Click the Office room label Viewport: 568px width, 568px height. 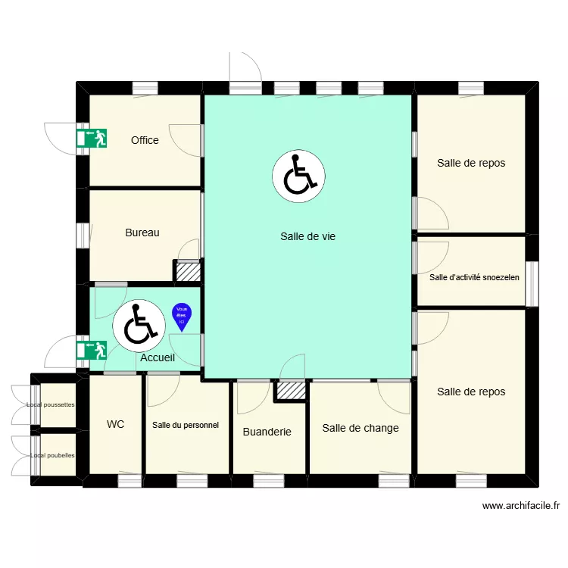point(145,140)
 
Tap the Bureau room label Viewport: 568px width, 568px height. point(142,233)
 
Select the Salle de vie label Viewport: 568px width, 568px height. point(307,236)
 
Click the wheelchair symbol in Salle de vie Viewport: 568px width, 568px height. point(298,176)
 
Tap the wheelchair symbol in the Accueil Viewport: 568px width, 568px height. point(139,323)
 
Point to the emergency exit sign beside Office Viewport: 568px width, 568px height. point(91,138)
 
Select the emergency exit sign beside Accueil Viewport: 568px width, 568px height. point(91,349)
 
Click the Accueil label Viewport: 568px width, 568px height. point(158,358)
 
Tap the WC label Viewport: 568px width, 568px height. point(116,425)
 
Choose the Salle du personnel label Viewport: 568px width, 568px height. point(186,426)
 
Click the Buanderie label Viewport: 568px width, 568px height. point(267,432)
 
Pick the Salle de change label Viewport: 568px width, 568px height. point(360,428)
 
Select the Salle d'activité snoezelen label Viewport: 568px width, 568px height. point(474,277)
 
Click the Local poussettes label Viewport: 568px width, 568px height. point(51,404)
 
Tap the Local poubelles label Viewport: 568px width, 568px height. point(52,456)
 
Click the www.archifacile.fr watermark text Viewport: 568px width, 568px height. point(520,506)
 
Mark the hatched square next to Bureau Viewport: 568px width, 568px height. point(188,271)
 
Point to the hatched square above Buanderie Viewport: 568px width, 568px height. point(290,390)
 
